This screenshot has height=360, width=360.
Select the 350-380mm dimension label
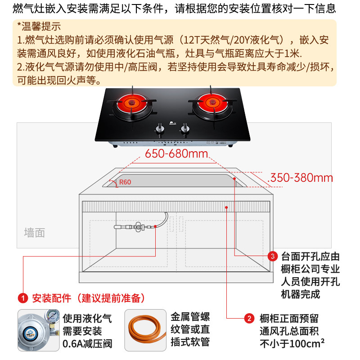[x=300, y=177]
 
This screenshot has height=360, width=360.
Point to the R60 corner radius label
[x=125, y=183]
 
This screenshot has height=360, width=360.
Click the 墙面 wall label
[x=34, y=233]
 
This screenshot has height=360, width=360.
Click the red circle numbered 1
[x=22, y=298]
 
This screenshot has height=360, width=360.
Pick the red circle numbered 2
[x=248, y=319]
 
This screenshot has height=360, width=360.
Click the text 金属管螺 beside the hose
[x=190, y=317]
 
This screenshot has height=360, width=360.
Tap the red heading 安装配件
[x=51, y=298]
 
